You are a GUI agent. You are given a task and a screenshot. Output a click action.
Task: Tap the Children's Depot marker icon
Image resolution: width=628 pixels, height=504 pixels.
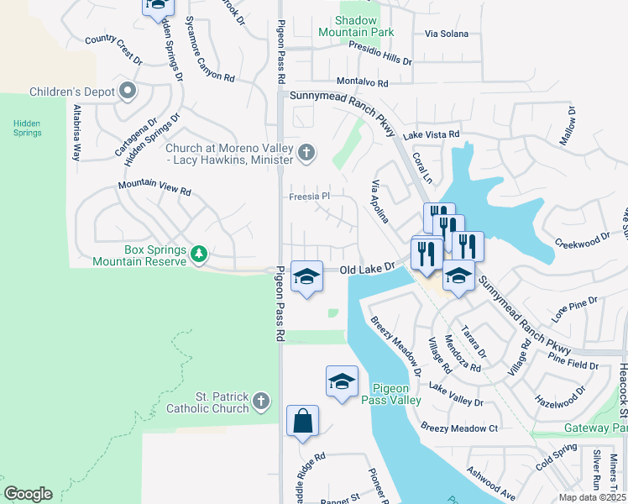click(128, 91)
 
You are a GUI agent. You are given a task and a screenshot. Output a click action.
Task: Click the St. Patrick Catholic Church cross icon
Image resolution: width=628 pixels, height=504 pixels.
click(262, 402)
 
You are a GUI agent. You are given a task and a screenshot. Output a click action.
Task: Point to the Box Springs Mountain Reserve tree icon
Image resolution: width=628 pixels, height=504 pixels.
click(199, 254)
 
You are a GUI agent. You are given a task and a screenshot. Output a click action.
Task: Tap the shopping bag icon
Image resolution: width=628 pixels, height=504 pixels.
click(302, 421)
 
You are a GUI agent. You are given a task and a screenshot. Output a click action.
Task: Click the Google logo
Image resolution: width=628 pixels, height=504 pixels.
click(28, 494)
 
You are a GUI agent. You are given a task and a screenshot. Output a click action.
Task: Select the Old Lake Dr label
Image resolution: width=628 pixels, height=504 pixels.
click(367, 269)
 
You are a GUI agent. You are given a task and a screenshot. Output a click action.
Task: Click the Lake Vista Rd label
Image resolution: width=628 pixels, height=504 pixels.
click(432, 134)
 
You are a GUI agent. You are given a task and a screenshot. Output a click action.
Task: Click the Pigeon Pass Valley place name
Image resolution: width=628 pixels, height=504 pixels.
click(390, 395)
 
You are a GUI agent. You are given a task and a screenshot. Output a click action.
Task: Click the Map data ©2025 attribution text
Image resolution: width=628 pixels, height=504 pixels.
click(592, 497)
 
